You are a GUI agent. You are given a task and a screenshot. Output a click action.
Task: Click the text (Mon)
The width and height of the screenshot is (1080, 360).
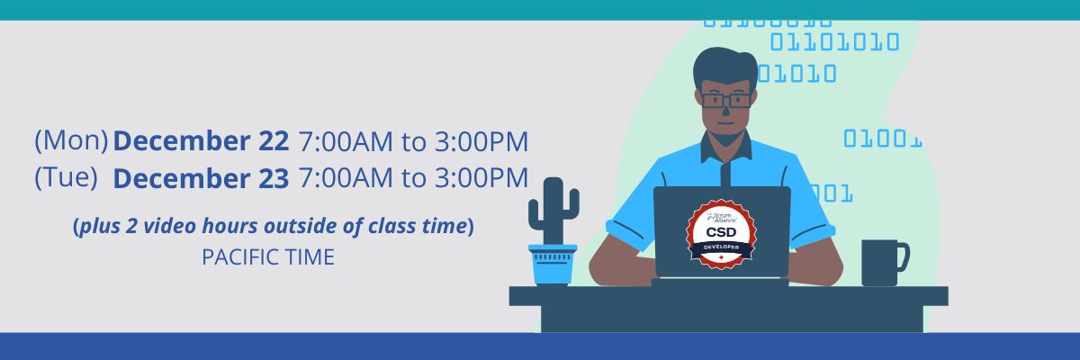coord(71,140)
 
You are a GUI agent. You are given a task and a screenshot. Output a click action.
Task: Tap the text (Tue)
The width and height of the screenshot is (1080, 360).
coord(66,177)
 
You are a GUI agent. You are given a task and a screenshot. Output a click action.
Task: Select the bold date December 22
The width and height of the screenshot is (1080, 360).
coord(201,141)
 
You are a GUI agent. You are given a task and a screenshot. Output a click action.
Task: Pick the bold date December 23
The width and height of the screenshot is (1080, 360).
coord(201,178)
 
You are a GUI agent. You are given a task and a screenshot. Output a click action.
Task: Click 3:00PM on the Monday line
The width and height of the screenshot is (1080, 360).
coord(481,141)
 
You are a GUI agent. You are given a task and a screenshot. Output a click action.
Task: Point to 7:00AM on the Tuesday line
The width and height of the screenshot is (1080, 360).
coord(346,178)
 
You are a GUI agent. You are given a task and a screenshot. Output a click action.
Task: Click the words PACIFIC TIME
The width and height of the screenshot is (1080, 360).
coord(268,256)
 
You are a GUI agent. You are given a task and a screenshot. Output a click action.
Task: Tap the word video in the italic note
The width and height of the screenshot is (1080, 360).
coord(170,226)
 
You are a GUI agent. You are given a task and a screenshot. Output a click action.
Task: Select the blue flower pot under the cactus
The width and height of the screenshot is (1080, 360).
coord(553,265)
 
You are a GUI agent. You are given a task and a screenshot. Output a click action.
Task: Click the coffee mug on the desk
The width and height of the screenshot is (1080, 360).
coord(885,263)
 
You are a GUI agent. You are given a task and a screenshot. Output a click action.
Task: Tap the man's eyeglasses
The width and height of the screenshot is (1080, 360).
coord(726,100)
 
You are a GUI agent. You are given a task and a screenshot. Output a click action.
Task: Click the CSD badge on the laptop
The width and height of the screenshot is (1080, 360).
coord(721,234)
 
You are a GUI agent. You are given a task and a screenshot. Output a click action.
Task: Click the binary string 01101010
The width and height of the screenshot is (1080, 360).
coord(834,42)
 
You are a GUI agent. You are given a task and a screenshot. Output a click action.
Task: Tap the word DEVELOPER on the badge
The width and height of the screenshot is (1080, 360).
coord(721,247)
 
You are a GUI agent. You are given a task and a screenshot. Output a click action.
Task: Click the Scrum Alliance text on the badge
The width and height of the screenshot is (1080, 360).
coord(722,217)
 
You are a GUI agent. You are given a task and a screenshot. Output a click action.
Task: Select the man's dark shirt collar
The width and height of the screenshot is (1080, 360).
coord(725,147)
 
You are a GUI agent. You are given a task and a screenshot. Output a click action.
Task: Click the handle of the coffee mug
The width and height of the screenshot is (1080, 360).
coord(904,256)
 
